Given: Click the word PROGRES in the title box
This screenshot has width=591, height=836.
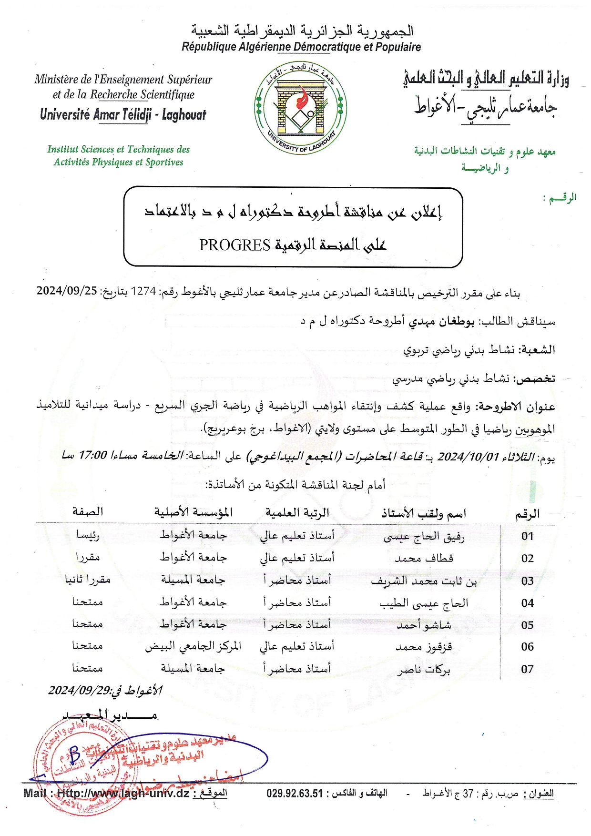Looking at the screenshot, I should (x=234, y=245).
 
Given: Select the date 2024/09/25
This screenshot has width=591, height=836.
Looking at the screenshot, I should (x=67, y=290).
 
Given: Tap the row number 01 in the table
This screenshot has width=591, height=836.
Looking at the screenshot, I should (x=527, y=536).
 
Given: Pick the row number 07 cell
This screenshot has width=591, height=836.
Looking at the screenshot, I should (x=527, y=669).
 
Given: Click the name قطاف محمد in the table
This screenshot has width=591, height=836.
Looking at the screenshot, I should (x=424, y=558).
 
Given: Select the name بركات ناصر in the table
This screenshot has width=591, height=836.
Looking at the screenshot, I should (x=424, y=670).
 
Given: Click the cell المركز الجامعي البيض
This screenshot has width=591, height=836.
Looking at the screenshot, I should (x=193, y=646).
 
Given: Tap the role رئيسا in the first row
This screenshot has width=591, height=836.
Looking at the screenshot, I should (x=88, y=535).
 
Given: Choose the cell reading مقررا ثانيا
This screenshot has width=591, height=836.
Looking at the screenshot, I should (x=88, y=580).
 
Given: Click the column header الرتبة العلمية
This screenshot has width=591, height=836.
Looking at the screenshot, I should (x=297, y=513).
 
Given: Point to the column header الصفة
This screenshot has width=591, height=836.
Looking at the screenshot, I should (x=88, y=512).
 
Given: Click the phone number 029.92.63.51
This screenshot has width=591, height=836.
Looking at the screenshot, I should (x=295, y=794).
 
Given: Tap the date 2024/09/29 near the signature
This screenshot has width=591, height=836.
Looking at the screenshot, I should (x=79, y=690).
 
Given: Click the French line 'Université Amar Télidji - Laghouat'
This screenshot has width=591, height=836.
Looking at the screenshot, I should (x=123, y=115).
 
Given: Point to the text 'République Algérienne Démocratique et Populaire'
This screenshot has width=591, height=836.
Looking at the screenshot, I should (x=301, y=47).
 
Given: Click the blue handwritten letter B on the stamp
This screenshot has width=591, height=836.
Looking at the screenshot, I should (x=74, y=754).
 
